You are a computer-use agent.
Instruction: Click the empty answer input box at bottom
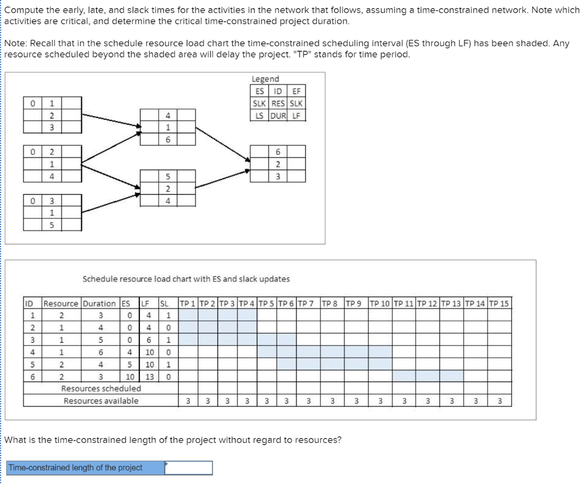(x=188, y=467)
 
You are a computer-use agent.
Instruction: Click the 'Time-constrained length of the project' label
(x=75, y=467)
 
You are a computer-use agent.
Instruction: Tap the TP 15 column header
(x=499, y=303)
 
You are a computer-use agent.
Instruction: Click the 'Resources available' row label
(x=101, y=401)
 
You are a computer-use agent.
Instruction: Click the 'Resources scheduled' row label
(x=101, y=388)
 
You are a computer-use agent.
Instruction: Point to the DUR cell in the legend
(x=279, y=116)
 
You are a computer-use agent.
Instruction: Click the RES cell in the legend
(x=279, y=103)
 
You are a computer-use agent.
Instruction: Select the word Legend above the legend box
(x=265, y=79)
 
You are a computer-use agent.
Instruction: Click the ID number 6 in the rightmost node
(x=278, y=152)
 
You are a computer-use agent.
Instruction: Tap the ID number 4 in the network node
(x=168, y=116)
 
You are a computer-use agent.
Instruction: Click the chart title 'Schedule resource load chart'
(x=186, y=279)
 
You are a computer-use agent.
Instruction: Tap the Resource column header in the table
(x=62, y=303)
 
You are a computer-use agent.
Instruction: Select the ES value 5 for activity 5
(x=130, y=364)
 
